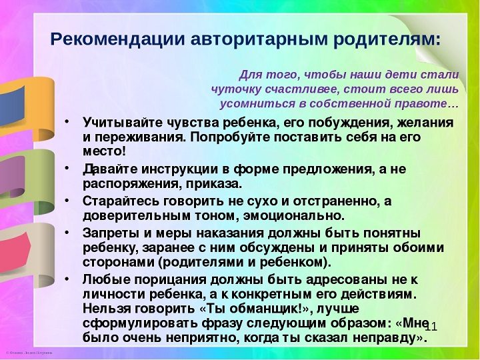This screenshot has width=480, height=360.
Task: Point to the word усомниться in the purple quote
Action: point(257,104)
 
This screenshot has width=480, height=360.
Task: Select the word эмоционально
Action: point(294,216)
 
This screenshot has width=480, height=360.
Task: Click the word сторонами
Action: point(118,263)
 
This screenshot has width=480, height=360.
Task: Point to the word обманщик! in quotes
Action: point(266,309)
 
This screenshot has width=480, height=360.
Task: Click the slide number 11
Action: point(431,327)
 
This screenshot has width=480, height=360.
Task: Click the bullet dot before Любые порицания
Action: point(67,279)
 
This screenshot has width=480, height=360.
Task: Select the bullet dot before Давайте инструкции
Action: point(67,169)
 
